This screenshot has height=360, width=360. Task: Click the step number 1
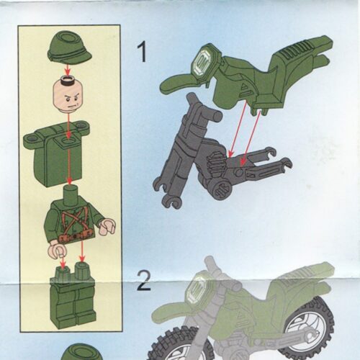pyautogui.click(x=143, y=51)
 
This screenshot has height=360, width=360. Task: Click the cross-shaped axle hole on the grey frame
pyautogui.click(x=221, y=186)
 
